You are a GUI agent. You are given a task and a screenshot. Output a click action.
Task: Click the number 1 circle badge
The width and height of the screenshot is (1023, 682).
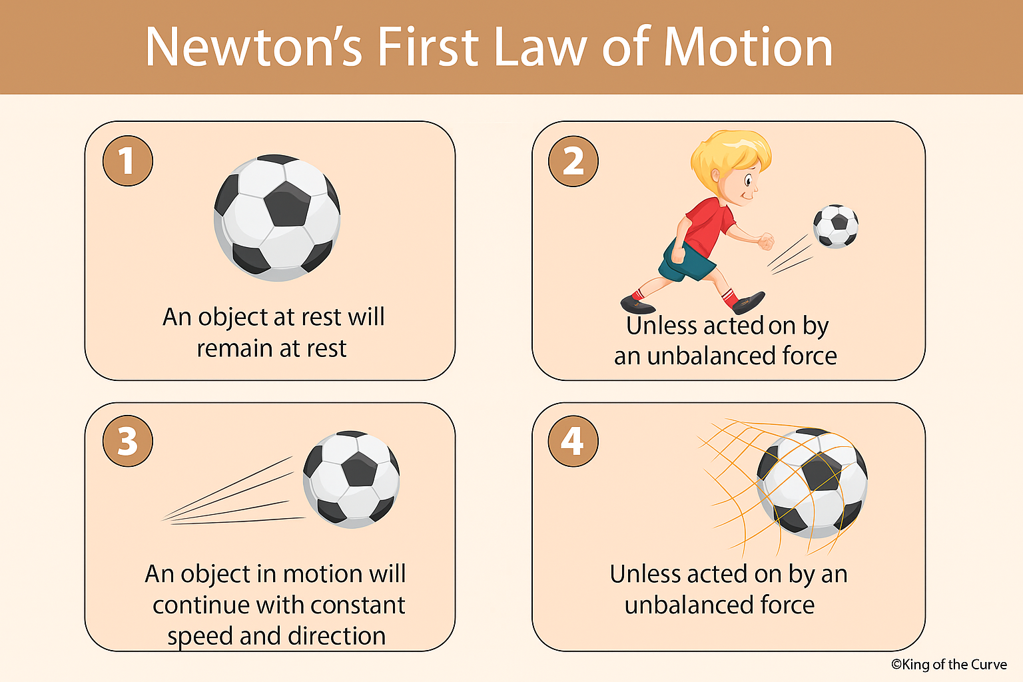(128, 161)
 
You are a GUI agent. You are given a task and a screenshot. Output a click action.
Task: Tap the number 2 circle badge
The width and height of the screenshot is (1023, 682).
(573, 161)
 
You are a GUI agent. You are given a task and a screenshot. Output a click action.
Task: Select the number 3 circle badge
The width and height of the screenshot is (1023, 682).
(128, 441)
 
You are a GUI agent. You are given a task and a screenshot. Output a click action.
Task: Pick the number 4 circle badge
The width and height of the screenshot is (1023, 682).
(573, 441)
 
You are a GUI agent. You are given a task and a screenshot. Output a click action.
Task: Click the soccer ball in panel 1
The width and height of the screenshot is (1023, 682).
(277, 217)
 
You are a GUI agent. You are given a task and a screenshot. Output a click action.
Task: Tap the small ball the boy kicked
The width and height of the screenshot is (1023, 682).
(836, 226)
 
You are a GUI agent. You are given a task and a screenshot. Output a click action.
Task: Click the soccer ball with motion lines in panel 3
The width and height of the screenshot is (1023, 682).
(352, 480)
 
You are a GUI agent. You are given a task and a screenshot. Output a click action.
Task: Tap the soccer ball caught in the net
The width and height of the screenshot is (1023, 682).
(813, 483)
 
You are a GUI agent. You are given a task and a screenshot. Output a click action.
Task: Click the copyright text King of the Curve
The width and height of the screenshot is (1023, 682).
(949, 664)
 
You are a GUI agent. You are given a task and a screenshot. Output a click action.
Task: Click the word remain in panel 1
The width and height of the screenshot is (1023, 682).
(235, 348)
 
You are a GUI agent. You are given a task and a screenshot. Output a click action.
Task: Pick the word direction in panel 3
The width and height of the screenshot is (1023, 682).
(337, 636)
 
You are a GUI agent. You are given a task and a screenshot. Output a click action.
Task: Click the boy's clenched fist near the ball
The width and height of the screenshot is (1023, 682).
(766, 241)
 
